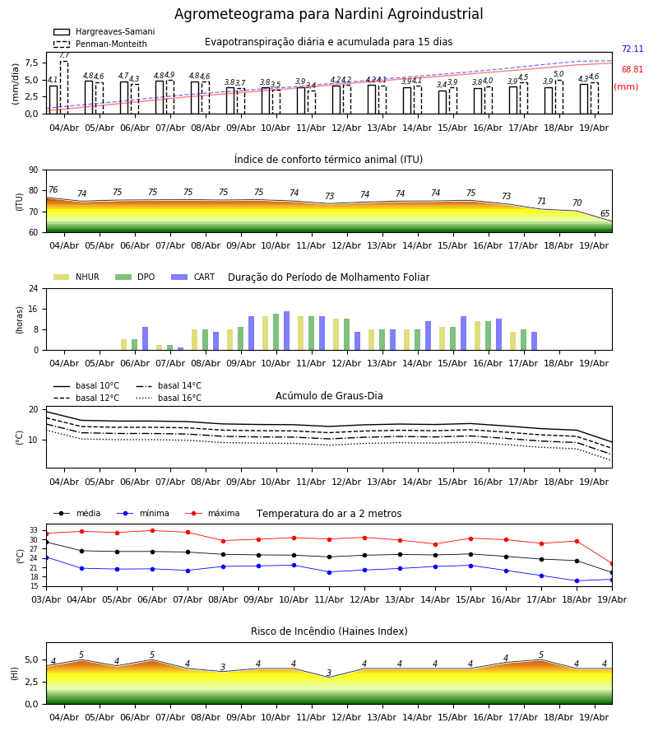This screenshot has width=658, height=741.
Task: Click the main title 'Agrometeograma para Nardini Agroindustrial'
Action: [328, 14]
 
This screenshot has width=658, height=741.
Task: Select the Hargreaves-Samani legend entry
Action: [104, 31]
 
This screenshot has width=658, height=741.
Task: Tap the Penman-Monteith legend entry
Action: [100, 44]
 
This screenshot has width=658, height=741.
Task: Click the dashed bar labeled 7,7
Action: [64, 87]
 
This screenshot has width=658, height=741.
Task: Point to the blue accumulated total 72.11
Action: [633, 49]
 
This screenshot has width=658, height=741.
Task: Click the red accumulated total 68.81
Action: [633, 69]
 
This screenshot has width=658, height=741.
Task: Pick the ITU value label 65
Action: [605, 213]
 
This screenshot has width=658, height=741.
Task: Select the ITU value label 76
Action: [53, 189]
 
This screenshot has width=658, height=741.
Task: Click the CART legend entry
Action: [193, 277]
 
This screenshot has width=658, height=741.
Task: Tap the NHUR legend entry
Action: [76, 277]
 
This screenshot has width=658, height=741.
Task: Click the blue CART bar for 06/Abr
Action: [146, 338]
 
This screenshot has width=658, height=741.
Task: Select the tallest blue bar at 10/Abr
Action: [286, 331]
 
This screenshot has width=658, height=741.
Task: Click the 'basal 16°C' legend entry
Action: [169, 398]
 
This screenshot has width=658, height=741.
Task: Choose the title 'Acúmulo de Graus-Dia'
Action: [329, 396]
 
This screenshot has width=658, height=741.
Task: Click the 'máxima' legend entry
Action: [213, 513]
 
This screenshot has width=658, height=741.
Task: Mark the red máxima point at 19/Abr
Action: [612, 564]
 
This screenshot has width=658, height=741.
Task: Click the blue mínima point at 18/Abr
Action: [577, 580]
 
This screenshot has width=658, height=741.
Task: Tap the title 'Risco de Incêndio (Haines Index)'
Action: [329, 631]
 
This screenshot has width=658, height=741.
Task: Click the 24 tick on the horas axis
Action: [34, 288]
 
